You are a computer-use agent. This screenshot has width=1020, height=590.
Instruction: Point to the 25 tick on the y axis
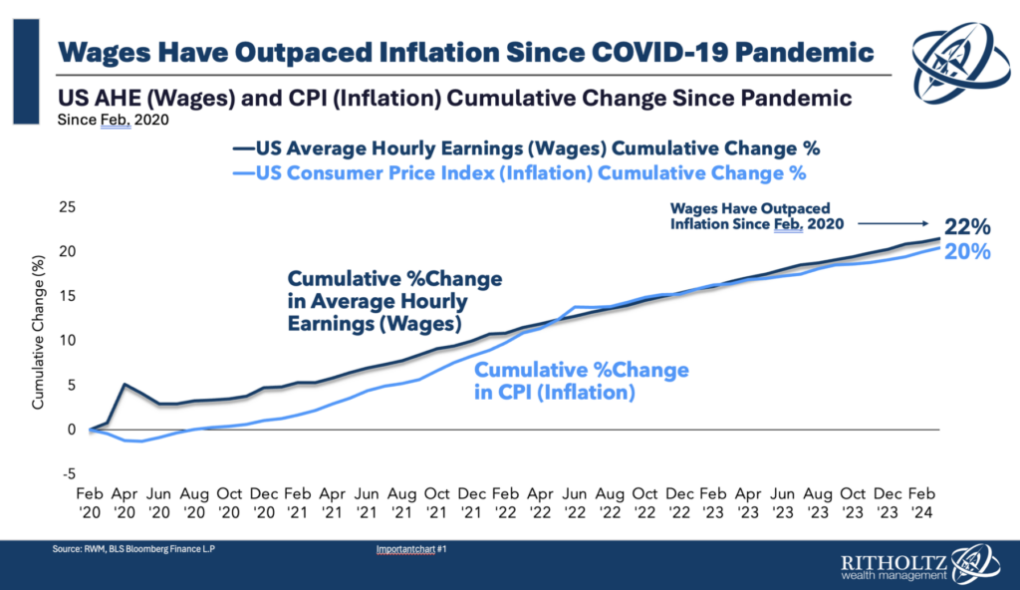point(67,207)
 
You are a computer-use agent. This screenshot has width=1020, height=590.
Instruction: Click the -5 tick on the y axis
point(67,473)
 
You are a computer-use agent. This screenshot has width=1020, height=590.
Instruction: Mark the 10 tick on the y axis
point(67,340)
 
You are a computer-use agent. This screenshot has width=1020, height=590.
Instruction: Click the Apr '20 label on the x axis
point(125,500)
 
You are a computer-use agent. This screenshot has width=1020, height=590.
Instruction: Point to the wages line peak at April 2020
point(125,385)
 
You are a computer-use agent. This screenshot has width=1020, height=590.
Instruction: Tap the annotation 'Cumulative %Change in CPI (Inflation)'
point(581,382)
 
